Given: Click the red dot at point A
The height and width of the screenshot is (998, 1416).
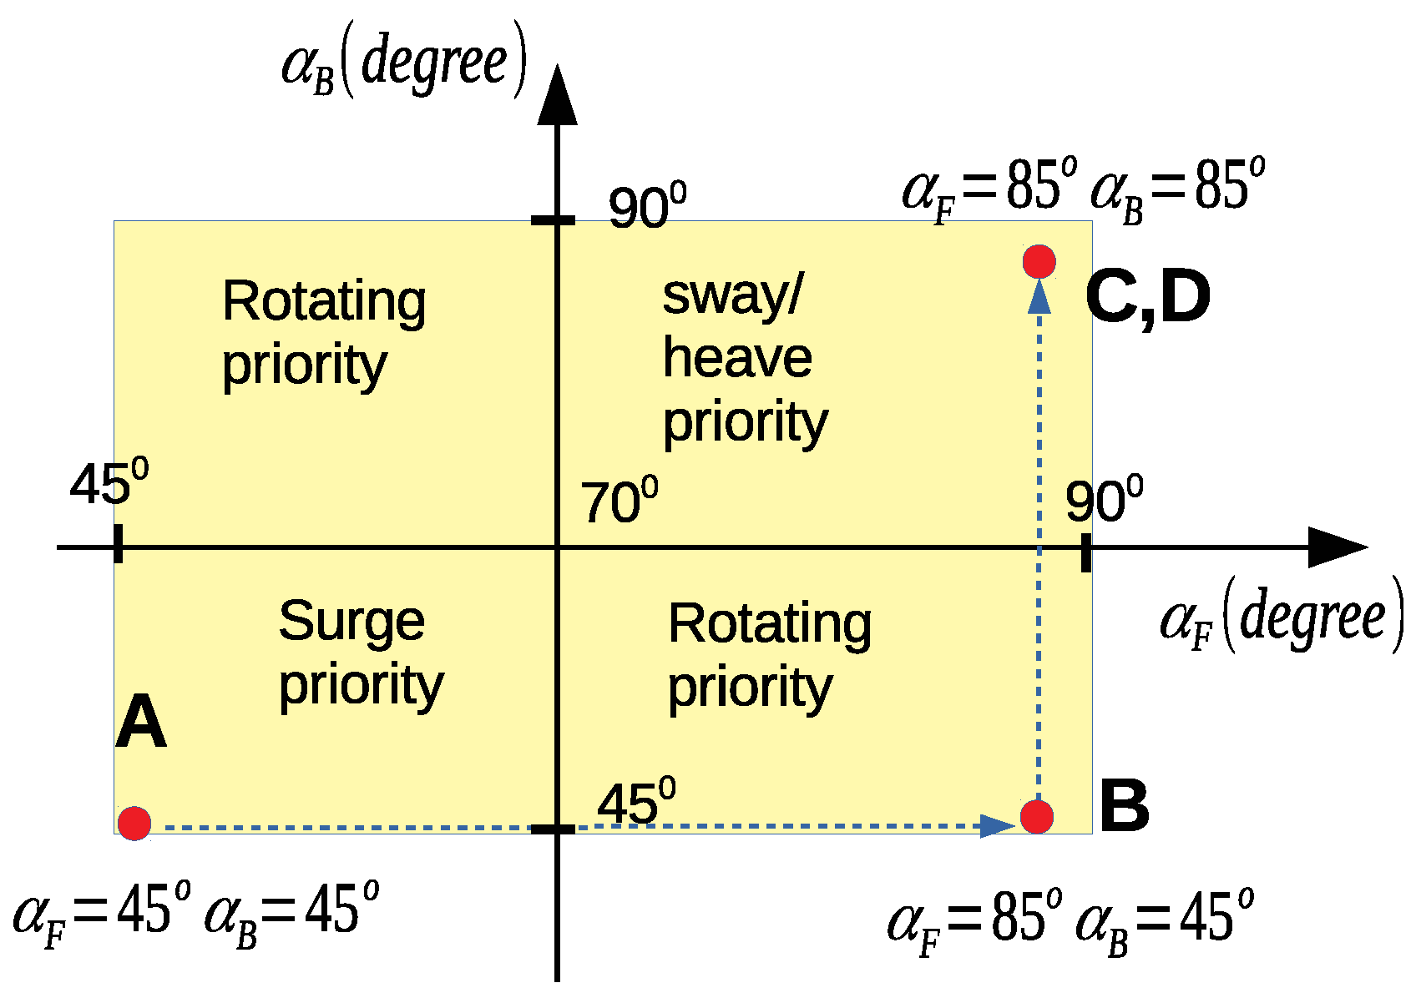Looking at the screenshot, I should [134, 824].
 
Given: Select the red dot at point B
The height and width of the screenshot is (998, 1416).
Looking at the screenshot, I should [1037, 816].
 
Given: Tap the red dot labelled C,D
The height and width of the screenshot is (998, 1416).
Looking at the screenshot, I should [1039, 261].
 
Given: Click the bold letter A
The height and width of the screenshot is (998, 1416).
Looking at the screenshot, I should [140, 723].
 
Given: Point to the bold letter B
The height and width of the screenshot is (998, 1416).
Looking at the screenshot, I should [1124, 806].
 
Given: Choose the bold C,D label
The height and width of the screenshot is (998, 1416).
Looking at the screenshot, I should [1148, 299].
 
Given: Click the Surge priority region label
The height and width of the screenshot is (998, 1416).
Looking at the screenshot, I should [360, 653].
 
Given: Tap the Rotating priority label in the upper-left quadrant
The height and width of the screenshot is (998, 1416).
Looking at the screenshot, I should [323, 333].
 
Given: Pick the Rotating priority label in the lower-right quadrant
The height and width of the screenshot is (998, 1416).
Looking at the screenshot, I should [769, 656].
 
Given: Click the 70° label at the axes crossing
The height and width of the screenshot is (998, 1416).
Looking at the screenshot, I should [619, 502].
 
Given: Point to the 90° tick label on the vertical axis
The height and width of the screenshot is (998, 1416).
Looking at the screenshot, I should [646, 207].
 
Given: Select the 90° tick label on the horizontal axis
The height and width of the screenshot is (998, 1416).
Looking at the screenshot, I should [1103, 501].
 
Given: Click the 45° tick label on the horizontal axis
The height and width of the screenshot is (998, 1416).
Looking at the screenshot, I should [109, 484].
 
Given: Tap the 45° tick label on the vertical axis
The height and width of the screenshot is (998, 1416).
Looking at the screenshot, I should [635, 803].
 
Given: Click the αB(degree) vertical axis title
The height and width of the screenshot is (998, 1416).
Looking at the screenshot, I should [404, 63].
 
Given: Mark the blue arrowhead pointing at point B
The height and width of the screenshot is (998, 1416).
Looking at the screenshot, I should [998, 826].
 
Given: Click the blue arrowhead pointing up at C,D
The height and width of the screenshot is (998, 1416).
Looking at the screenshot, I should [1039, 297].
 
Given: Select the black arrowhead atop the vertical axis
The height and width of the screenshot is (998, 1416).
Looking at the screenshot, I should [557, 96].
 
